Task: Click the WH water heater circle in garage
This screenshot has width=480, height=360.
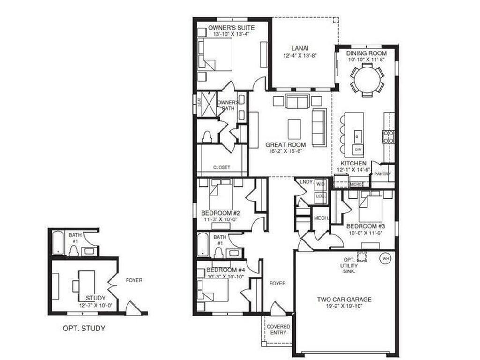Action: pyautogui.click(x=386, y=257)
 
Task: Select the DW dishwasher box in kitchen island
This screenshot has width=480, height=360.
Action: pyautogui.click(x=358, y=150)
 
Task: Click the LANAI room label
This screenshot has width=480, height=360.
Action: pyautogui.click(x=300, y=48)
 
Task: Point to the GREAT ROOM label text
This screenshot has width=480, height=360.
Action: pyautogui.click(x=285, y=145)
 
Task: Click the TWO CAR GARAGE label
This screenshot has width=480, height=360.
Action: pyautogui.click(x=345, y=300)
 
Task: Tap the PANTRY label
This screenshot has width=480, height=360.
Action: pyautogui.click(x=382, y=173)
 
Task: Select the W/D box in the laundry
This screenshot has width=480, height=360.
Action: pyautogui.click(x=321, y=184)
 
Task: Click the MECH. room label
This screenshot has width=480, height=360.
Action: pyautogui.click(x=321, y=218)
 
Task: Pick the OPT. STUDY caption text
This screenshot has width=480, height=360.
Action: pyautogui.click(x=84, y=328)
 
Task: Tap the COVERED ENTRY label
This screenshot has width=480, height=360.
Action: pyautogui.click(x=278, y=330)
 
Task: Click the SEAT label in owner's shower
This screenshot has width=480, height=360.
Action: pyautogui.click(x=199, y=102)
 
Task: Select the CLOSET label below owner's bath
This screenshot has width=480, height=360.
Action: pyautogui.click(x=221, y=167)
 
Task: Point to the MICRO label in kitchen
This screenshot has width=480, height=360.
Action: pyautogui.click(x=356, y=184)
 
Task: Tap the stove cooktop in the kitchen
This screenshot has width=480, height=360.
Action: pyautogui.click(x=388, y=136)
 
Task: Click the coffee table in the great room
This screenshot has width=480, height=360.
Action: pyautogui.click(x=294, y=127)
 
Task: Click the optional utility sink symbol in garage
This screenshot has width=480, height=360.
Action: pyautogui.click(x=361, y=256)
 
